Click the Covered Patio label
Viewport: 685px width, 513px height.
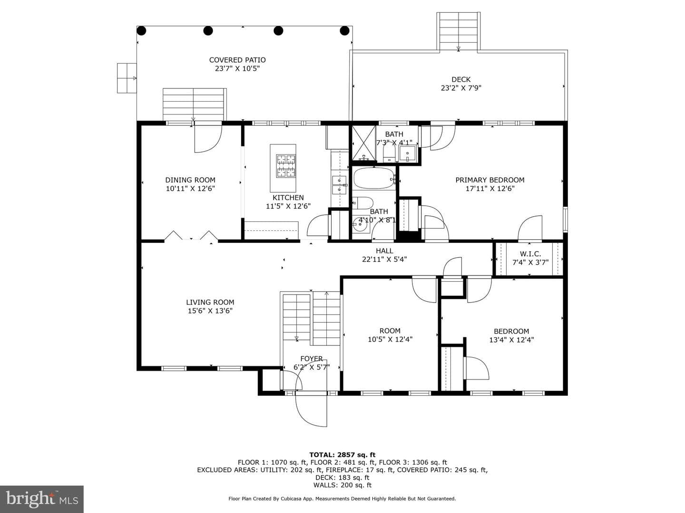pyautogui.click(x=237, y=60)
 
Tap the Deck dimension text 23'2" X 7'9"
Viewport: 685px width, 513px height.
pyautogui.click(x=460, y=88)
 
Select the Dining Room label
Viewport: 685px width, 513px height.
pyautogui.click(x=190, y=180)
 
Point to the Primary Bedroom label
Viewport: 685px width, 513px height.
pyautogui.click(x=489, y=180)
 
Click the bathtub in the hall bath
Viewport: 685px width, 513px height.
pyautogui.click(x=374, y=178)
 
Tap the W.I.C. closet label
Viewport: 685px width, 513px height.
pyautogui.click(x=530, y=254)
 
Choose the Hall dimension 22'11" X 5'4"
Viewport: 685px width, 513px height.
pyautogui.click(x=384, y=259)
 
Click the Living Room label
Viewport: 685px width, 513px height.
pyautogui.click(x=210, y=302)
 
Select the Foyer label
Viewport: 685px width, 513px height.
pyautogui.click(x=311, y=359)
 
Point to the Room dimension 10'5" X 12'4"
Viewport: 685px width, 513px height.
pyautogui.click(x=390, y=339)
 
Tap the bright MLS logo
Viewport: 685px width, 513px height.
pyautogui.click(x=41, y=499)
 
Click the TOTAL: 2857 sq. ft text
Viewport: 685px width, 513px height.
pyautogui.click(x=342, y=455)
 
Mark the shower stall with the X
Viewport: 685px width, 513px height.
pyautogui.click(x=363, y=143)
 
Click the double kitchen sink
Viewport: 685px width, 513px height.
pyautogui.click(x=339, y=185)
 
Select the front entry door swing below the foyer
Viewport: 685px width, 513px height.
pyautogui.click(x=311, y=410)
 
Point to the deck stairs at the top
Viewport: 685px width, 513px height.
pyautogui.click(x=458, y=31)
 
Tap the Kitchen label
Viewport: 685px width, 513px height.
pyautogui.click(x=288, y=198)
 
